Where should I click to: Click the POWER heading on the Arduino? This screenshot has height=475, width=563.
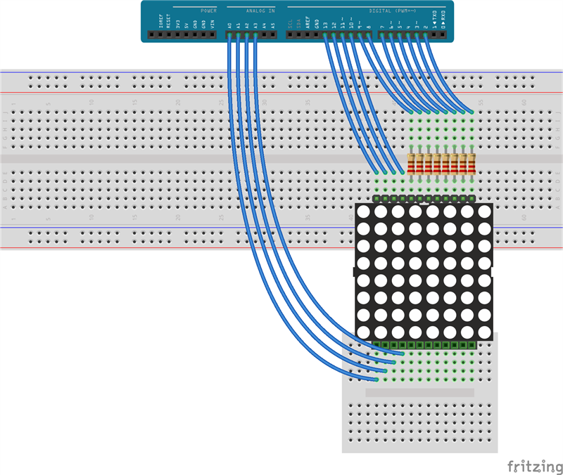point(208,11)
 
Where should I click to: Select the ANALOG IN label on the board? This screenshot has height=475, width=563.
point(260,11)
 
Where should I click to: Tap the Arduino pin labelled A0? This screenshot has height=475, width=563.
point(230,34)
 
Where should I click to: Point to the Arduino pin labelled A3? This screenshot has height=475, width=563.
point(256,34)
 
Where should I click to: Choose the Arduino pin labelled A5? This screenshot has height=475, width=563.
point(273,34)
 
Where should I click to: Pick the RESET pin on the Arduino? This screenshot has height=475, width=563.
point(170,34)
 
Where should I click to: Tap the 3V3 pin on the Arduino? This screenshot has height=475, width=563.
point(178,34)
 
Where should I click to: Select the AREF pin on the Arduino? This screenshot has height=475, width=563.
point(308,34)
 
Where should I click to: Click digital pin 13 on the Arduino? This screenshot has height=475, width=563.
point(325,34)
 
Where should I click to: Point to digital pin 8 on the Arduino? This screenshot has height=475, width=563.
point(369,34)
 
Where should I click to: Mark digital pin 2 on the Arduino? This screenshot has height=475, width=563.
point(426,34)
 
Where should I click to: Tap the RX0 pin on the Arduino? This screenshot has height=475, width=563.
point(443,34)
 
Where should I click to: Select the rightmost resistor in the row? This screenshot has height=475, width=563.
point(472,164)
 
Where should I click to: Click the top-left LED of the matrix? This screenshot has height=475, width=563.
point(364,212)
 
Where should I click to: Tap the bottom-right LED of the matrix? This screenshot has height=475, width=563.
point(484,332)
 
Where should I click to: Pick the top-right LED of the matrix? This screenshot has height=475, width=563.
point(484,212)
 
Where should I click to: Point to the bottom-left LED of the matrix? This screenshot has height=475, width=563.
point(364,332)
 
